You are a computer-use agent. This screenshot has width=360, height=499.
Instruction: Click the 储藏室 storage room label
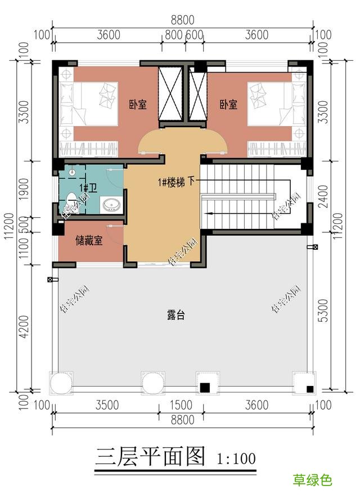(89, 241)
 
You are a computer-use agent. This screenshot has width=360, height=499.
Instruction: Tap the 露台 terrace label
(176, 316)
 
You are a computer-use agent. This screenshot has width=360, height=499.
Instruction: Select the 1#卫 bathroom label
(87, 187)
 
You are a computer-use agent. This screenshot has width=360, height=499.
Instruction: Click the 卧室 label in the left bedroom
(137, 105)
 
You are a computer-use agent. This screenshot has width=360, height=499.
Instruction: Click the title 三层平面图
(150, 457)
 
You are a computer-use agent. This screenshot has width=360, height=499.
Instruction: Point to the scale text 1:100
(236, 458)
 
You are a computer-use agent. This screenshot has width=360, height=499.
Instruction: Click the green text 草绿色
(312, 480)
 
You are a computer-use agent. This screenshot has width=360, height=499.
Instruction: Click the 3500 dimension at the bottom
(107, 405)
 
